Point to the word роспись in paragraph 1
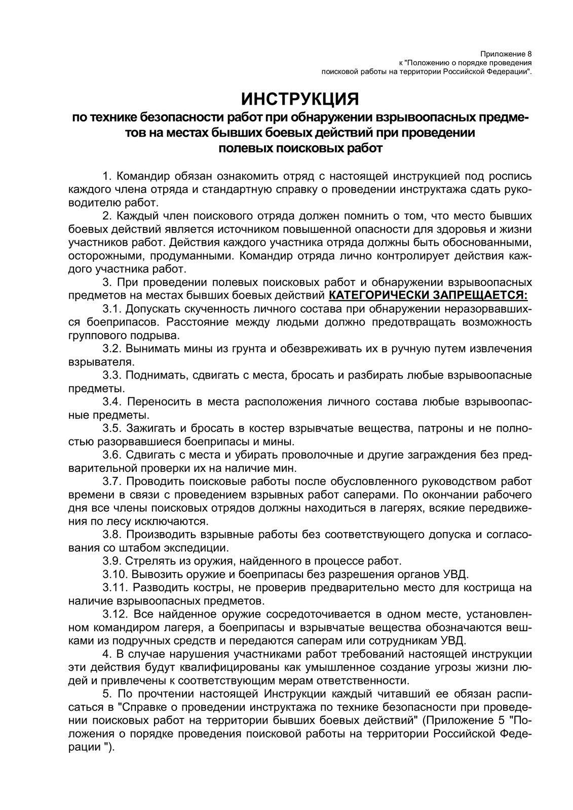[510, 177]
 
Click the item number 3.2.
[111, 349]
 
